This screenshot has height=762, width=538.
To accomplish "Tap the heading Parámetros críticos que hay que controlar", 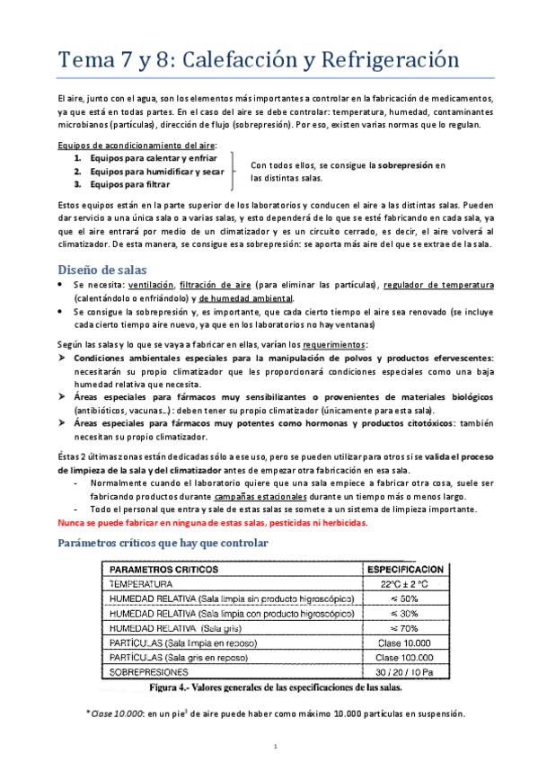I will [160, 543].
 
